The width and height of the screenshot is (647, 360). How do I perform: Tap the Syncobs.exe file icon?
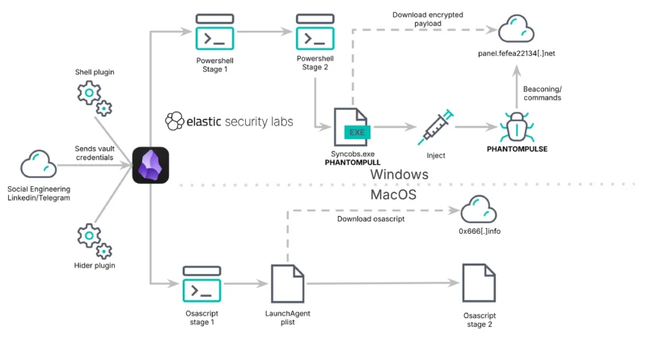pos(352,127)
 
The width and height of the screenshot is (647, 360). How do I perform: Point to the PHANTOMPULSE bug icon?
pos(516,126)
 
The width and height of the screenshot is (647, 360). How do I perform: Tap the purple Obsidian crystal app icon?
pos(150,164)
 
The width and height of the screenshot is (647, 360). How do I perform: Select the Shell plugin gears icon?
pos(94,97)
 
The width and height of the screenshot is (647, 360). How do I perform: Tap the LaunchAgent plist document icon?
pos(288,283)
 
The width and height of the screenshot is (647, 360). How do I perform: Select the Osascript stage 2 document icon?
pos(478,283)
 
